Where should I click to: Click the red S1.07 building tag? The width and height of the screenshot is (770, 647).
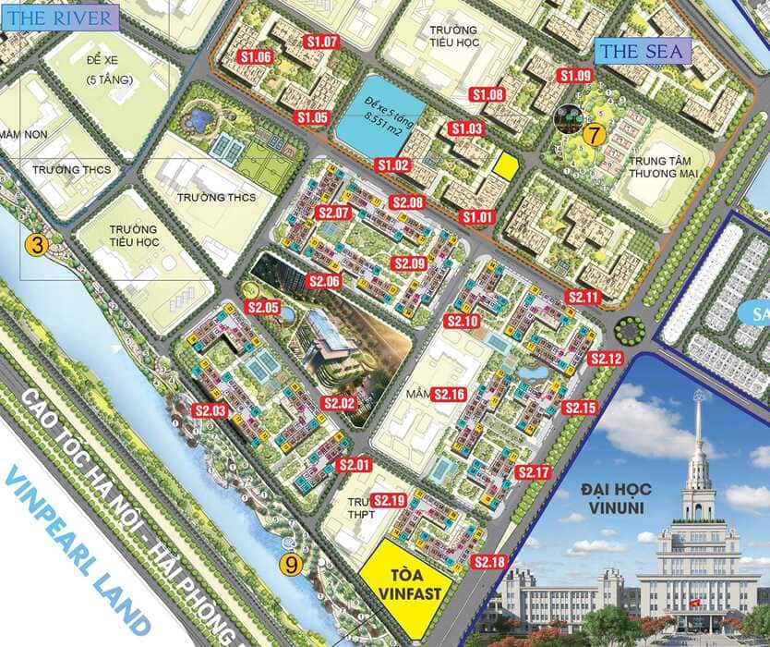(322, 42)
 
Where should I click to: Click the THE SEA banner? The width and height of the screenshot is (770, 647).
(643, 52)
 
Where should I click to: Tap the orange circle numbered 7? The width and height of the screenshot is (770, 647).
(593, 134)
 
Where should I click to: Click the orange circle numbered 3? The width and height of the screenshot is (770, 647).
(36, 245)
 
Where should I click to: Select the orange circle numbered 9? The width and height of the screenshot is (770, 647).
(292, 563)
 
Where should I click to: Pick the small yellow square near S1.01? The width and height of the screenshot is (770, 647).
(504, 165)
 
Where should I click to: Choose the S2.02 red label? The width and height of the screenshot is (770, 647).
(339, 403)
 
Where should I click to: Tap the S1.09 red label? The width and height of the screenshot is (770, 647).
(574, 75)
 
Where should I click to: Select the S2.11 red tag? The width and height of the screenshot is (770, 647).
(584, 298)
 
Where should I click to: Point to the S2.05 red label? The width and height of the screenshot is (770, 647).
(263, 307)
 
